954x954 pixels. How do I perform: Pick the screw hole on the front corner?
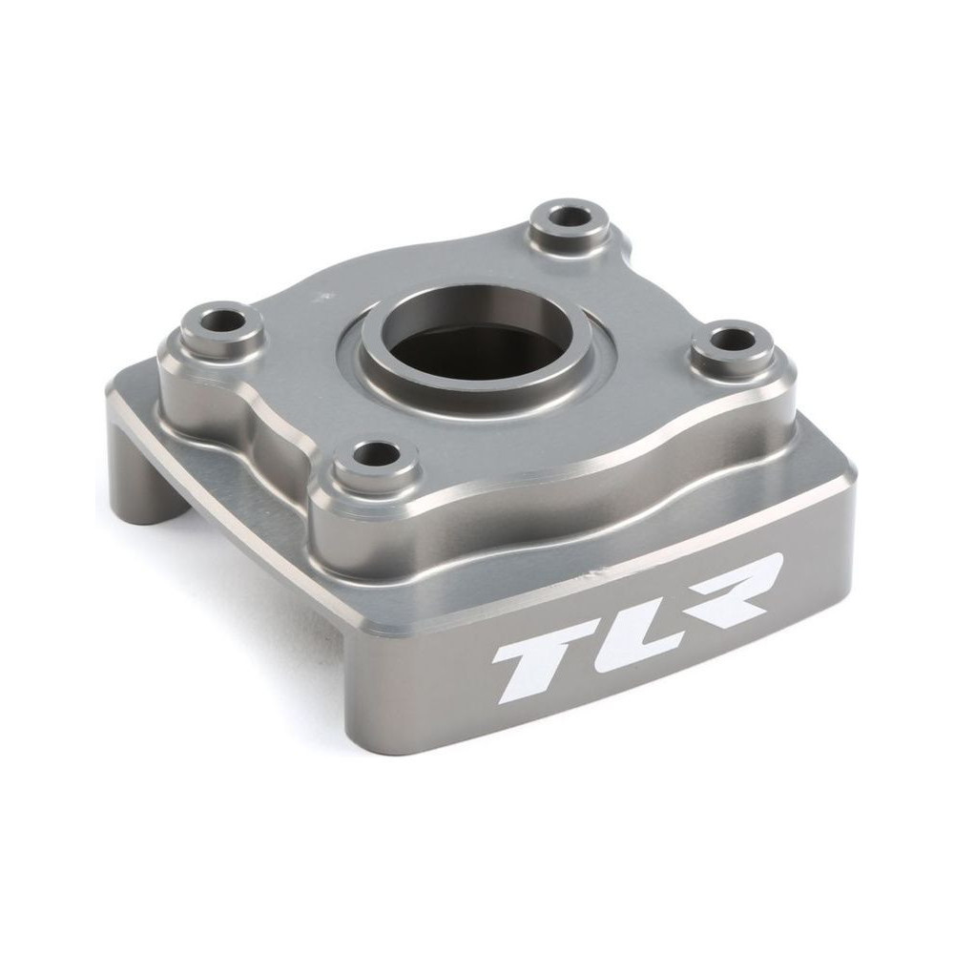[375, 451]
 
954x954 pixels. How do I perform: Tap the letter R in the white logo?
[725, 584]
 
